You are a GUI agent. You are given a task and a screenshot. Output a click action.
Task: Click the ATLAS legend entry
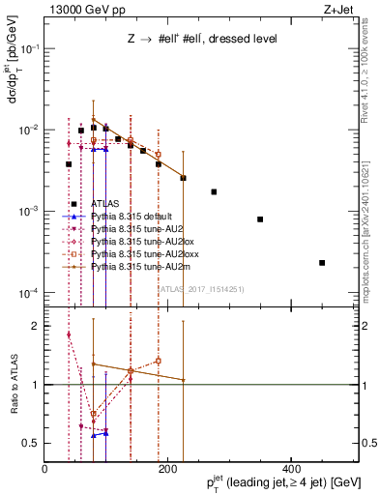pyautogui.click(x=103, y=204)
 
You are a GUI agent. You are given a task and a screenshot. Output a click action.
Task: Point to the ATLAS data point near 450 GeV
pyautogui.click(x=322, y=263)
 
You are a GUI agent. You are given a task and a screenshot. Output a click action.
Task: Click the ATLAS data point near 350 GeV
pyautogui.click(x=260, y=219)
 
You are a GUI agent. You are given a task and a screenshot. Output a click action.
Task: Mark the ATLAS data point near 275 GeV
pyautogui.click(x=214, y=191)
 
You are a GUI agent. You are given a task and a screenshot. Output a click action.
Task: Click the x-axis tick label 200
pyautogui.click(x=167, y=469)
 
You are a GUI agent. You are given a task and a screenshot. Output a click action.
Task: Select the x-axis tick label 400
pyautogui.click(x=290, y=469)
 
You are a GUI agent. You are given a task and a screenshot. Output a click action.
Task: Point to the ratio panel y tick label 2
pyautogui.click(x=35, y=326)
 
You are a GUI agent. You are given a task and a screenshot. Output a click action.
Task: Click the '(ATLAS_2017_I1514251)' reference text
pyautogui.click(x=200, y=287)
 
